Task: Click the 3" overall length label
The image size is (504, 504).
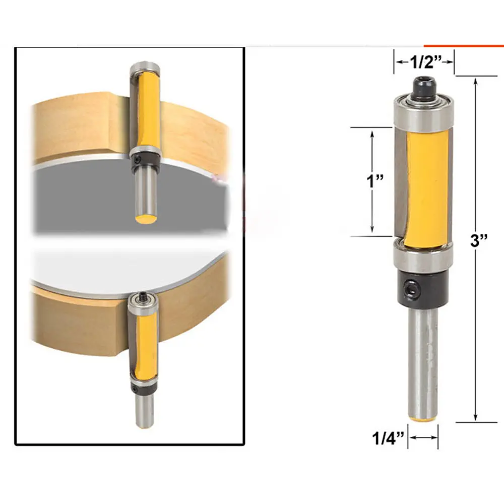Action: tap(479, 241)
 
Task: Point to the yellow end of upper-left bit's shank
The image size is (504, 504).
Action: tap(146, 220)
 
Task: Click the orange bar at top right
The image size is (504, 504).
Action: tap(463, 46)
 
